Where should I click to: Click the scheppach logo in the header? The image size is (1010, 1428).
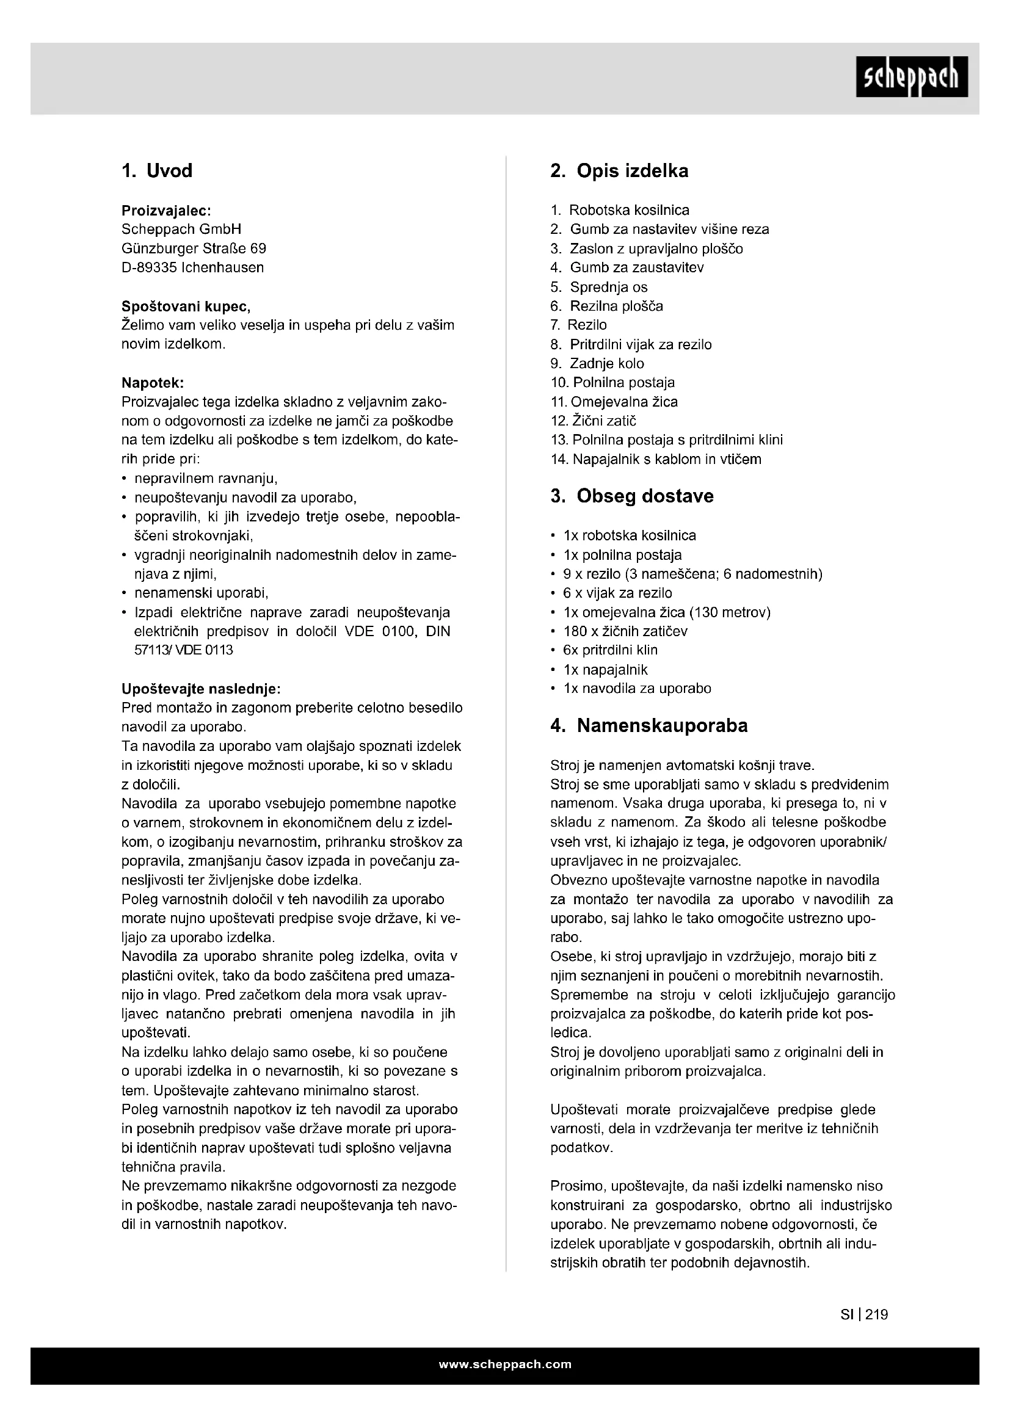click(x=912, y=77)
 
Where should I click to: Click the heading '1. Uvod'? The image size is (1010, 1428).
click(x=157, y=170)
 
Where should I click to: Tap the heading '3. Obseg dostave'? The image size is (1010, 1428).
click(x=632, y=496)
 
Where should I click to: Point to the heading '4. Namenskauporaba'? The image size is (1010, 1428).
click(x=649, y=725)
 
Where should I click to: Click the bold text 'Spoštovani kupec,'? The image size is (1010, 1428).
click(x=186, y=306)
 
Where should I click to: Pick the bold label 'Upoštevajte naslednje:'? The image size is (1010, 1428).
click(x=201, y=689)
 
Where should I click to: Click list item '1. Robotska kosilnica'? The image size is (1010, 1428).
click(x=620, y=210)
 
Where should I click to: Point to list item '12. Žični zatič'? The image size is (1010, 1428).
click(x=594, y=421)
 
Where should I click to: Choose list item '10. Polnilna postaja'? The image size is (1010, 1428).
click(x=612, y=383)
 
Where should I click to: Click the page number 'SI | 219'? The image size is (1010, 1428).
click(x=864, y=1314)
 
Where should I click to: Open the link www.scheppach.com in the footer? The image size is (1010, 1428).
click(x=505, y=1365)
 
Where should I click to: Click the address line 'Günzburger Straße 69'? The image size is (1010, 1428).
click(x=194, y=248)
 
